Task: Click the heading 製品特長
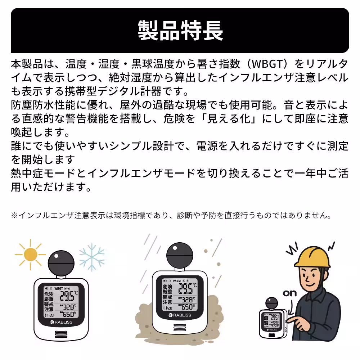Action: pyautogui.click(x=180, y=30)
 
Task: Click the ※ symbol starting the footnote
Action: pyautogui.click(x=14, y=216)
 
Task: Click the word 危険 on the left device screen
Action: pyautogui.click(x=49, y=294)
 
